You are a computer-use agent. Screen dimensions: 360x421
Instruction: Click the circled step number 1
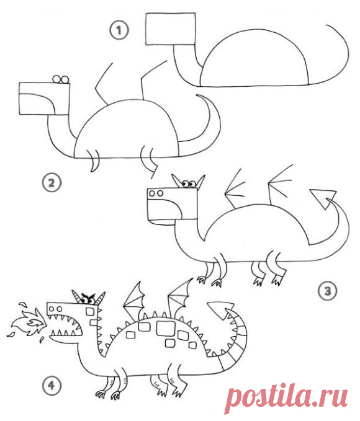click(x=119, y=30)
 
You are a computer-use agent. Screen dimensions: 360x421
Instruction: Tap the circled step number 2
click(x=52, y=183)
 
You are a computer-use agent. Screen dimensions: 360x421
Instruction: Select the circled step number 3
click(x=327, y=291)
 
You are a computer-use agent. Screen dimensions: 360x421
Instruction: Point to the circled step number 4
click(x=52, y=386)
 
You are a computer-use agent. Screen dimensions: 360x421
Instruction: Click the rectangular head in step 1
click(x=171, y=29)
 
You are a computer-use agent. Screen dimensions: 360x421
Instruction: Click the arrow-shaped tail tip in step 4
click(x=221, y=311)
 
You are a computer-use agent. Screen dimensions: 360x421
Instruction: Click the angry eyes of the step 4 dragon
click(x=89, y=298)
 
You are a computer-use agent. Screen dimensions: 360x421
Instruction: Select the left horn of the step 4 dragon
click(x=76, y=296)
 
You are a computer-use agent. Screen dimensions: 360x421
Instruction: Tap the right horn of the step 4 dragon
click(x=101, y=298)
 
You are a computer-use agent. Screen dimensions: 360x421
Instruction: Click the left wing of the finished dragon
click(x=134, y=298)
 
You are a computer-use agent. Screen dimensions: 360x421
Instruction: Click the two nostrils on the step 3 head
click(x=156, y=193)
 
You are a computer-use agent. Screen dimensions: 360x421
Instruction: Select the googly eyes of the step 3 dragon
click(x=189, y=184)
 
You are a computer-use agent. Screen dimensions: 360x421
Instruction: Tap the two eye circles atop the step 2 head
click(x=61, y=79)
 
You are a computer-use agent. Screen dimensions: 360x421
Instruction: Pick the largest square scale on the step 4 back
click(x=166, y=328)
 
